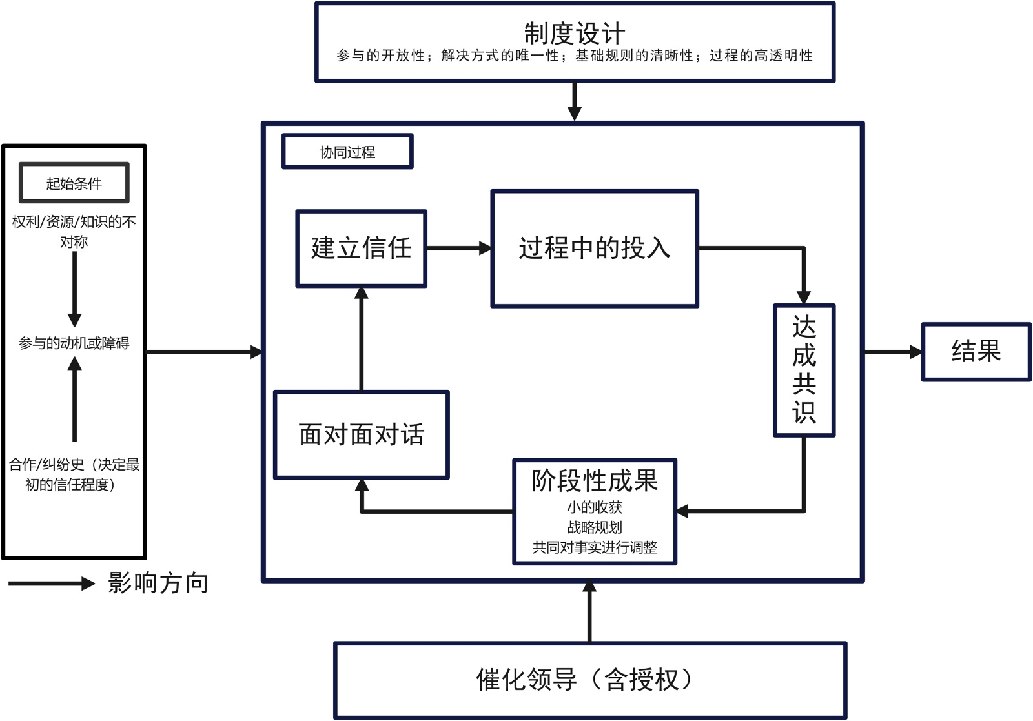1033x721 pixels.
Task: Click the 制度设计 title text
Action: click(574, 32)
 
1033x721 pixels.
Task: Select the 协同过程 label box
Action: click(347, 152)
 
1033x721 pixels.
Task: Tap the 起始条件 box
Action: click(74, 183)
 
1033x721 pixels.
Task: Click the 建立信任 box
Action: click(361, 248)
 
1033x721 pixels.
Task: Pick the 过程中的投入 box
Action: click(595, 249)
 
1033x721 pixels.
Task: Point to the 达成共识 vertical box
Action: click(804, 371)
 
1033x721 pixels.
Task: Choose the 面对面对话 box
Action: click(361, 434)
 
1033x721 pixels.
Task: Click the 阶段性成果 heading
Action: click(594, 480)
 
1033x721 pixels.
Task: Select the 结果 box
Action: click(976, 352)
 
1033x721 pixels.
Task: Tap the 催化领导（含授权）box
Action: click(589, 680)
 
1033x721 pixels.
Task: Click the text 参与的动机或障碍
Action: click(74, 343)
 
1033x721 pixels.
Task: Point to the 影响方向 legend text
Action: click(158, 583)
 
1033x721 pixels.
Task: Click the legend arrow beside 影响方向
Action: click(52, 584)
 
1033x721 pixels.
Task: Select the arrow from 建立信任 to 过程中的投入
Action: click(458, 248)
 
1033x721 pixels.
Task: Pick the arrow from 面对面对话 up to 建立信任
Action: click(362, 339)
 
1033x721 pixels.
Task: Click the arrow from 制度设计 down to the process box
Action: click(574, 101)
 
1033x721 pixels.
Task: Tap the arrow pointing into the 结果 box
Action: click(893, 352)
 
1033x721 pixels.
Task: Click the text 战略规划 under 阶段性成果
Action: click(594, 527)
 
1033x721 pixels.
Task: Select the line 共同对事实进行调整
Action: click(594, 547)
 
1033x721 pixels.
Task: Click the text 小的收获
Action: click(594, 507)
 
